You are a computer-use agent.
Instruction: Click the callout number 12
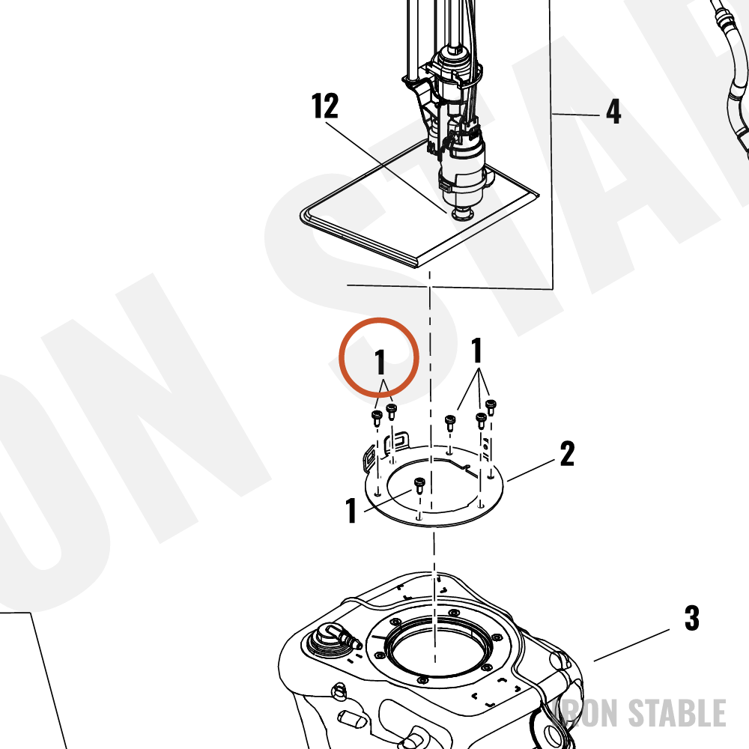point(325,106)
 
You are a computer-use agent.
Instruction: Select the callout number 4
point(613,112)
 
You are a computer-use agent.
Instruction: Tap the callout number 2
point(567,454)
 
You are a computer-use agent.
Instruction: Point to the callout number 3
point(692,618)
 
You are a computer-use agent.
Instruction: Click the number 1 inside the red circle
point(380,362)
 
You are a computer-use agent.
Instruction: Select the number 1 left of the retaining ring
point(351,510)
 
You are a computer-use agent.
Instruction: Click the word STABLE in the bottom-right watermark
point(677,713)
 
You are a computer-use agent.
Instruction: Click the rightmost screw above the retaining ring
point(491,407)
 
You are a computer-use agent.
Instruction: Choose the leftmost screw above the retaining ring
point(377,418)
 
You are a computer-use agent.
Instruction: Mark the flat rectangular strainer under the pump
point(419,204)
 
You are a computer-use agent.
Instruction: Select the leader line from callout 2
point(531,470)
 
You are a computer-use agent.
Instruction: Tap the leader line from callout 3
point(631,646)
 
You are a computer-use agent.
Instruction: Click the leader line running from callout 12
point(386,168)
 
